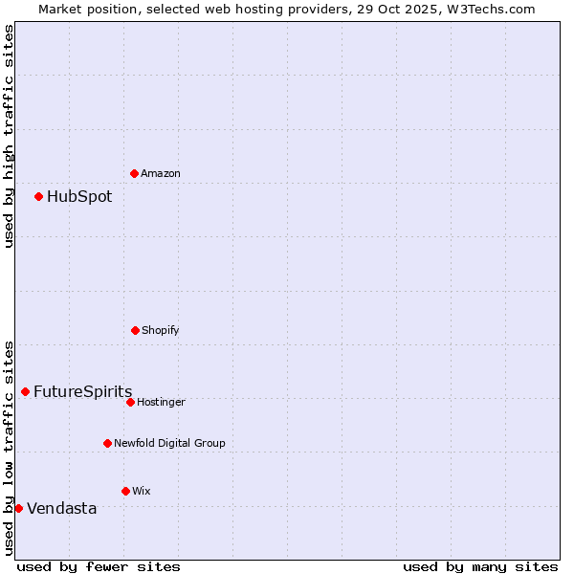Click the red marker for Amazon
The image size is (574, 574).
click(134, 173)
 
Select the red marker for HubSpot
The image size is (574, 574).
click(38, 196)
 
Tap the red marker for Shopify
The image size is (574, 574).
click(135, 330)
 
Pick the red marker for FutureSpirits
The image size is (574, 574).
click(25, 391)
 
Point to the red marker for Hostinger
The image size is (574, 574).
click(130, 402)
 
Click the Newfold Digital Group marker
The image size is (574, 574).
click(107, 443)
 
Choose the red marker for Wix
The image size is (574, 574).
click(125, 491)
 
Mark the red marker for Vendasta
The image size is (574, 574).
click(18, 508)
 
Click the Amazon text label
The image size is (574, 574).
click(161, 173)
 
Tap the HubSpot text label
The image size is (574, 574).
click(79, 196)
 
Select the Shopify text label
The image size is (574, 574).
click(161, 330)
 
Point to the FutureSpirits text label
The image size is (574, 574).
click(82, 391)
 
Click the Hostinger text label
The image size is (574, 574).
click(161, 402)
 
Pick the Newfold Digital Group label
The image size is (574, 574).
click(169, 443)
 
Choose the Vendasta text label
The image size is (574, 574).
click(61, 508)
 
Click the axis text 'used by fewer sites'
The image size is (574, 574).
click(99, 566)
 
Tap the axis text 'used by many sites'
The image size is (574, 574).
click(480, 566)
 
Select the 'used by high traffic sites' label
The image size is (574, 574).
click(9, 136)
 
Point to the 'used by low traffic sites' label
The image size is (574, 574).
click(9, 447)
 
